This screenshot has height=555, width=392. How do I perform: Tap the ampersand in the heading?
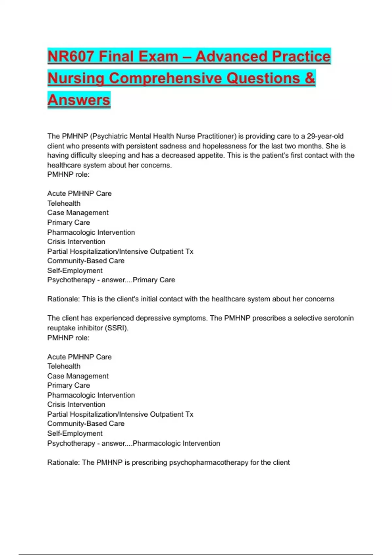[x=310, y=78]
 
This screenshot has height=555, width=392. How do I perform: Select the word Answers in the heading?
[x=79, y=100]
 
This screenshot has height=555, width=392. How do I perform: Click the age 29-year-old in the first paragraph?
[x=325, y=136]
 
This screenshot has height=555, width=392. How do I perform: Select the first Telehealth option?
[x=64, y=203]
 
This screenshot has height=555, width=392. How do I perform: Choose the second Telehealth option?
[x=64, y=366]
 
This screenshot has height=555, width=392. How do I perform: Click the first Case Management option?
[x=78, y=213]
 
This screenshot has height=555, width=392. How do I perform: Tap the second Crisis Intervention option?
[x=76, y=404]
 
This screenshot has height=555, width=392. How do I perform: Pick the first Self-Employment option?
[x=75, y=271]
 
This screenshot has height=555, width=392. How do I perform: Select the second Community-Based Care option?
[x=86, y=424]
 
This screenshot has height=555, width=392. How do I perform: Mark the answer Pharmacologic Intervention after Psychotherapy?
[x=176, y=443]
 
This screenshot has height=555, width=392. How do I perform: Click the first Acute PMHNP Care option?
[x=79, y=194]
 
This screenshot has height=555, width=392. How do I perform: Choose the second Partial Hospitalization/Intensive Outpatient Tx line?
[x=120, y=414]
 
